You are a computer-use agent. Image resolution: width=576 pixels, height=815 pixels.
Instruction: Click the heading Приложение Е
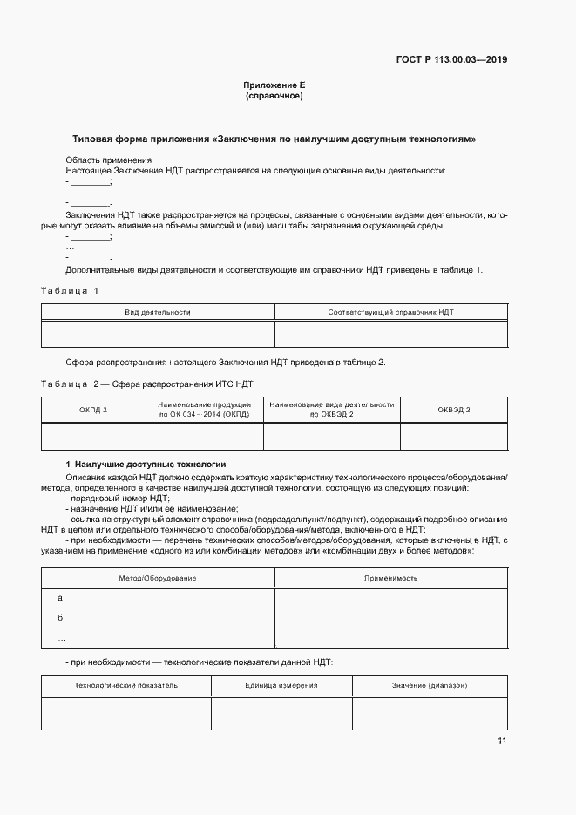click(274, 85)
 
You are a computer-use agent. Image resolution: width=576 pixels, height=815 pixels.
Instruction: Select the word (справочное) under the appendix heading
click(274, 96)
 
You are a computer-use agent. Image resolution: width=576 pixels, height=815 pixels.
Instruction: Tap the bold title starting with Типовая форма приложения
click(274, 139)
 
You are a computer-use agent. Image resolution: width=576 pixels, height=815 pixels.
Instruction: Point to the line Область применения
click(109, 160)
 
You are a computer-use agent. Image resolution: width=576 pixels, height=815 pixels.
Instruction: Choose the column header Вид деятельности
click(158, 311)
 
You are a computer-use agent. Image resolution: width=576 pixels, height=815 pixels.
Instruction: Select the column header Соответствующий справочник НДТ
click(390, 311)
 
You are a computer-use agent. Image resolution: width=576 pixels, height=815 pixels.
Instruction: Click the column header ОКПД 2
click(93, 410)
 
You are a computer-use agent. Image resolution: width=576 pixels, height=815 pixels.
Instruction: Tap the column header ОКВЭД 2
click(453, 410)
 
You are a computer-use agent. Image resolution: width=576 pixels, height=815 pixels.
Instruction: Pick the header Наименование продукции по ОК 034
click(205, 410)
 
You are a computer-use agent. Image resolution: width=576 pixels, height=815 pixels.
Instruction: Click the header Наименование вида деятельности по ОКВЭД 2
click(332, 410)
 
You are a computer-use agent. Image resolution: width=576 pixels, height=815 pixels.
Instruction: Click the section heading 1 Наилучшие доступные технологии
click(152, 465)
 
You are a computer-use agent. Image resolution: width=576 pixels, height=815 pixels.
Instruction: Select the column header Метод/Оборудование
click(158, 578)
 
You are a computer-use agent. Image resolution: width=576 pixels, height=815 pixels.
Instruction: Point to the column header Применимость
click(390, 578)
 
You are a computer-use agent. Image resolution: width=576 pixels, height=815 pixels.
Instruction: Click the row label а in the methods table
click(60, 598)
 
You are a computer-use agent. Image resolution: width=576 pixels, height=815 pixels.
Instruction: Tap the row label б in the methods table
click(60, 618)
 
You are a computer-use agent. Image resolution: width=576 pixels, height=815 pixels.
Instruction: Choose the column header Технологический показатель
click(126, 685)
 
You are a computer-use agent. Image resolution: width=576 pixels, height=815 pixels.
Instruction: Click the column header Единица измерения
click(281, 685)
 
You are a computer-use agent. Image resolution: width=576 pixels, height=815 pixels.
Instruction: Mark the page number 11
click(502, 741)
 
